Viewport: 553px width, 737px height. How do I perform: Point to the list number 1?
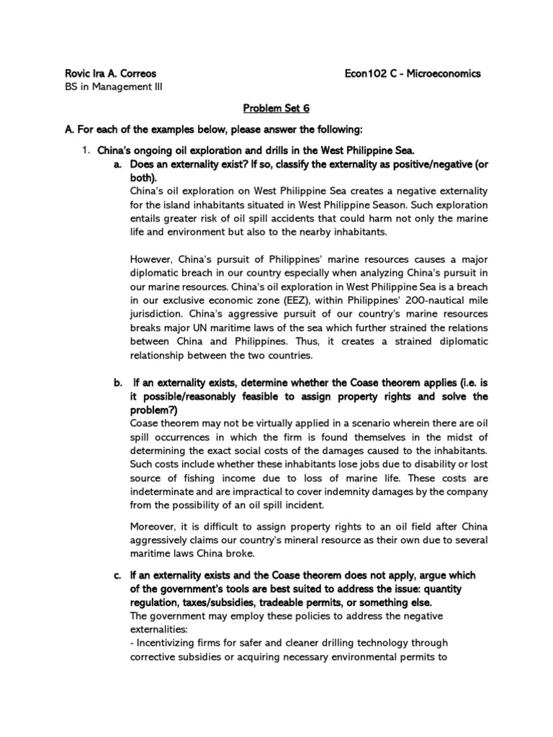tap(84, 149)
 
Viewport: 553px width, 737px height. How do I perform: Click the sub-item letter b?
tap(117, 383)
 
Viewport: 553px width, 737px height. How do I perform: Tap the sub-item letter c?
tap(117, 575)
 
